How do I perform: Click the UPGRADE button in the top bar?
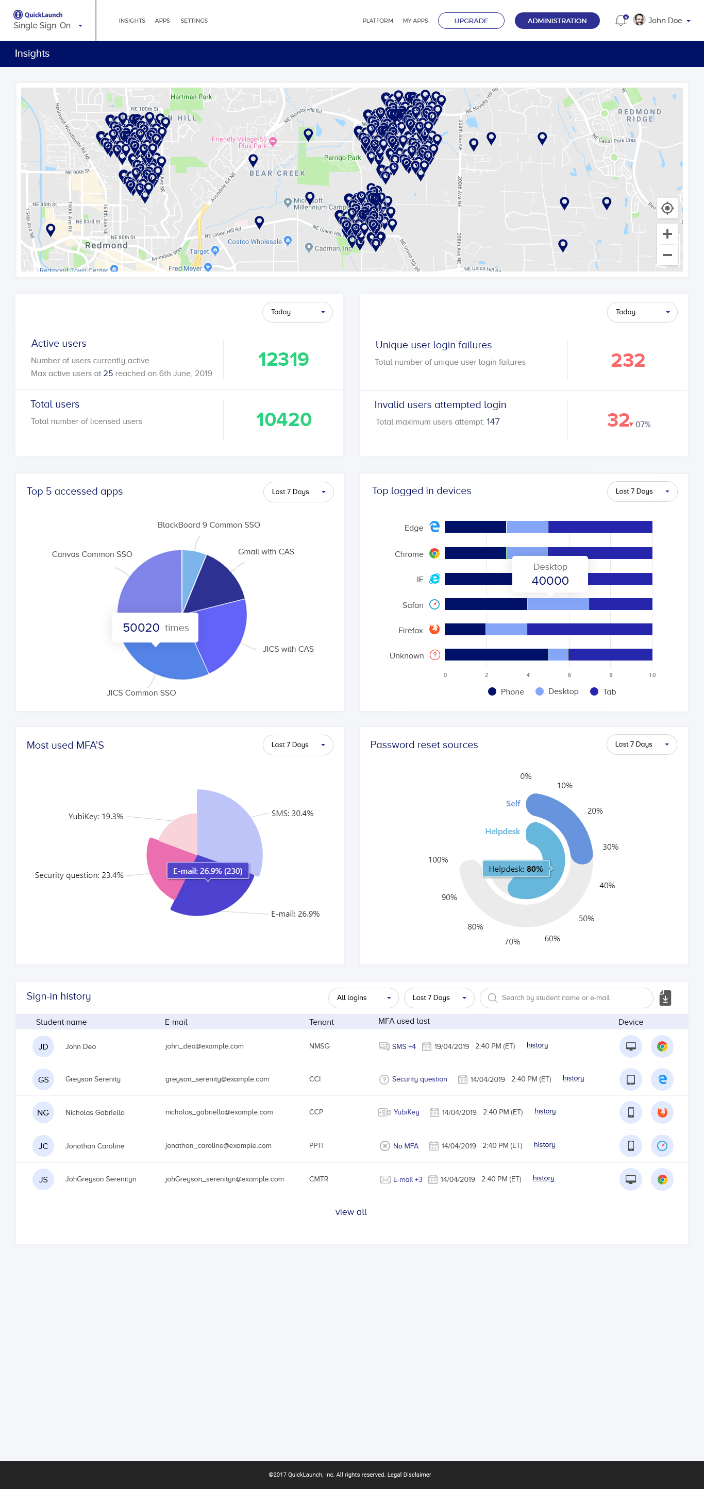click(471, 21)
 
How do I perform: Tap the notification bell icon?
click(620, 21)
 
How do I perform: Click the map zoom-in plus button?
click(667, 234)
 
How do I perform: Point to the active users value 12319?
click(283, 360)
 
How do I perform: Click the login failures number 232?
click(628, 361)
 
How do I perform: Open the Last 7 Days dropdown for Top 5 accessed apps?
click(298, 492)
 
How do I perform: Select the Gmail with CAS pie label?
click(266, 551)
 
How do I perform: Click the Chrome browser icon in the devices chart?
click(434, 554)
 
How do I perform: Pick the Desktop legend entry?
click(557, 691)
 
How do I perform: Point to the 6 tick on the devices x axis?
click(569, 675)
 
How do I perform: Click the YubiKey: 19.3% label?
click(96, 816)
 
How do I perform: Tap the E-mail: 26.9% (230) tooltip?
click(208, 871)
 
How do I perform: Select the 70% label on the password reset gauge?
click(512, 942)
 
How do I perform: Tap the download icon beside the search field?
click(665, 997)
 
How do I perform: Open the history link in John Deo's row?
click(537, 1045)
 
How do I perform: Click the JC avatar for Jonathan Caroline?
click(43, 1146)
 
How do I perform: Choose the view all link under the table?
click(351, 1211)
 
